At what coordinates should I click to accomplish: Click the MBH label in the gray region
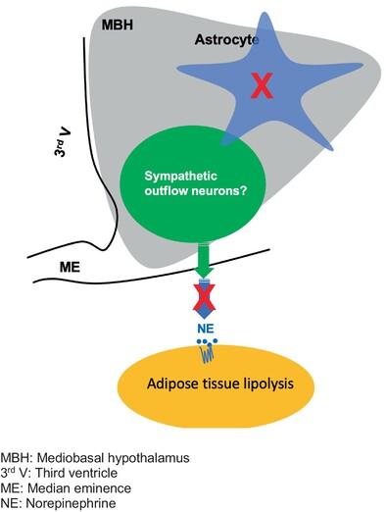118,25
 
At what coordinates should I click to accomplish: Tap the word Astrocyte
226,40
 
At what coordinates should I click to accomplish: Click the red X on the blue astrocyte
262,85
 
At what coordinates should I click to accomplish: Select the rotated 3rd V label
63,141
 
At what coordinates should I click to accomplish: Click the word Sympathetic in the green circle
180,177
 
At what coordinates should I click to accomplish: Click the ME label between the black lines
70,268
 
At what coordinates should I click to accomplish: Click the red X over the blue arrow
204,297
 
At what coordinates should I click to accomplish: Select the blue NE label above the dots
206,329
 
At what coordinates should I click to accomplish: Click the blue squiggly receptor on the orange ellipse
207,354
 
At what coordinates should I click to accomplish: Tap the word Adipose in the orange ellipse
169,384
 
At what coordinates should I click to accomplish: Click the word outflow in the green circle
166,190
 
